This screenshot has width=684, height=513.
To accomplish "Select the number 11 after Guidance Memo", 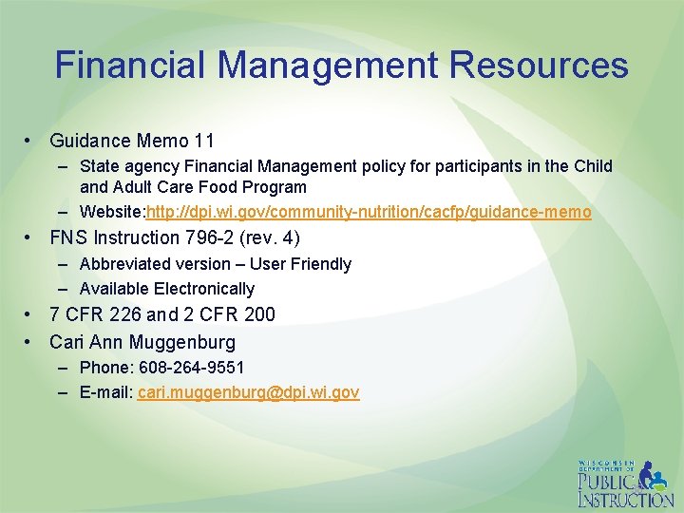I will tap(203, 141).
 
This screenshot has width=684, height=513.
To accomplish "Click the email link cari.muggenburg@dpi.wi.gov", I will tap(248, 392).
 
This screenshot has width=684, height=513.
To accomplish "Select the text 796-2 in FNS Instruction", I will tap(206, 237).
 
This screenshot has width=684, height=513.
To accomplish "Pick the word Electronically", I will tap(203, 289).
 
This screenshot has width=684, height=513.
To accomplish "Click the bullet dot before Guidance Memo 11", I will tap(31, 141).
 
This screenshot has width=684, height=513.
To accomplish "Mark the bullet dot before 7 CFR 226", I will tap(31, 313).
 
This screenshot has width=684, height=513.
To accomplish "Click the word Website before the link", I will tap(110, 212).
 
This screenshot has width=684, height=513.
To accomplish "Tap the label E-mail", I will tap(105, 392).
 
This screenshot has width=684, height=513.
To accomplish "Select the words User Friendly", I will tap(300, 264).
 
